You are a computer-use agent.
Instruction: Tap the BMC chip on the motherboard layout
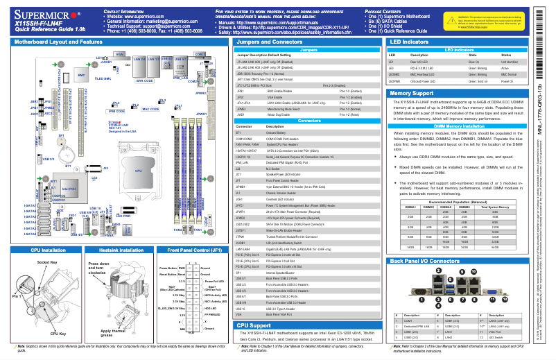(x=80, y=72)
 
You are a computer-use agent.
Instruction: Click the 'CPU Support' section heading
(x=254, y=325)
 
